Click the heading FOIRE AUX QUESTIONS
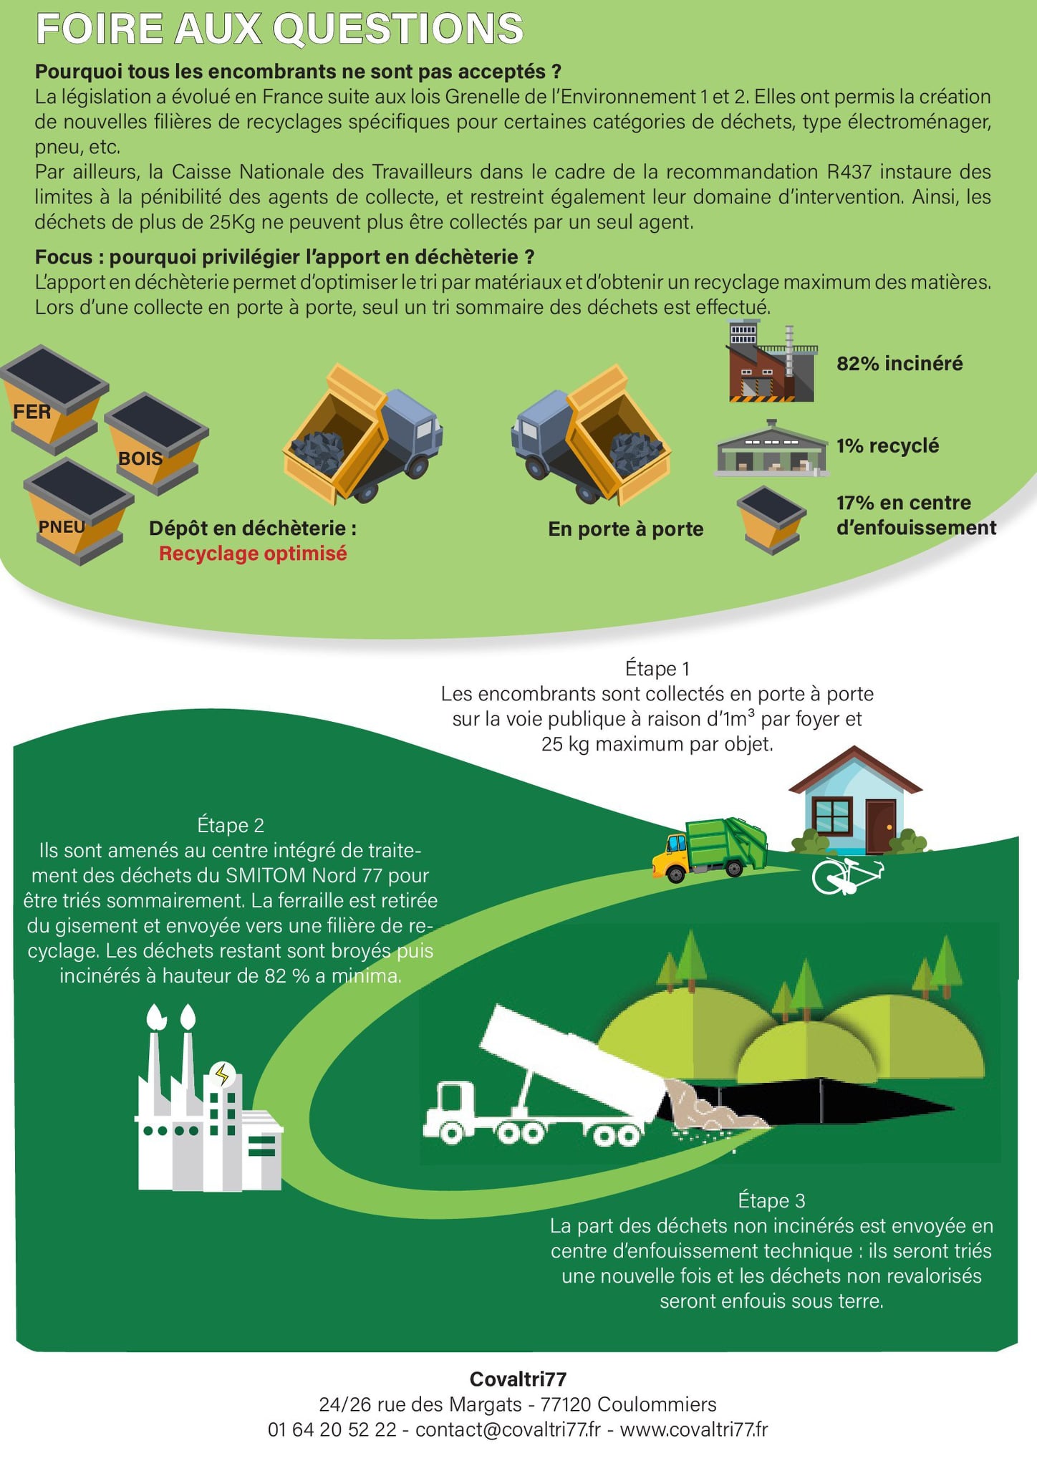pyautogui.click(x=279, y=29)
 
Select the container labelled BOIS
pyautogui.click(x=156, y=443)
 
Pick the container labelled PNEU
pyautogui.click(x=79, y=511)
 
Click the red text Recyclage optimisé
pyautogui.click(x=253, y=554)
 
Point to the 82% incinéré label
pyautogui.click(x=899, y=364)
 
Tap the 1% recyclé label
pyautogui.click(x=887, y=445)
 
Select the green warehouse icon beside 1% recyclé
pyautogui.click(x=772, y=448)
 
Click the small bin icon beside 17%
pyautogui.click(x=771, y=519)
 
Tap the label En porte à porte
pyautogui.click(x=626, y=529)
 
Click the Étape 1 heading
pyautogui.click(x=657, y=668)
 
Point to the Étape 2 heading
pyautogui.click(x=231, y=825)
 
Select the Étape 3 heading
pyautogui.click(x=771, y=1200)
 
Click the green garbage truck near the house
pyautogui.click(x=709, y=849)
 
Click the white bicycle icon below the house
pyautogui.click(x=848, y=876)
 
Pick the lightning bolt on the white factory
pyautogui.click(x=223, y=1074)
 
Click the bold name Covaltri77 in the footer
pyautogui.click(x=518, y=1379)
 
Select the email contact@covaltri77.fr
pyautogui.click(x=508, y=1429)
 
